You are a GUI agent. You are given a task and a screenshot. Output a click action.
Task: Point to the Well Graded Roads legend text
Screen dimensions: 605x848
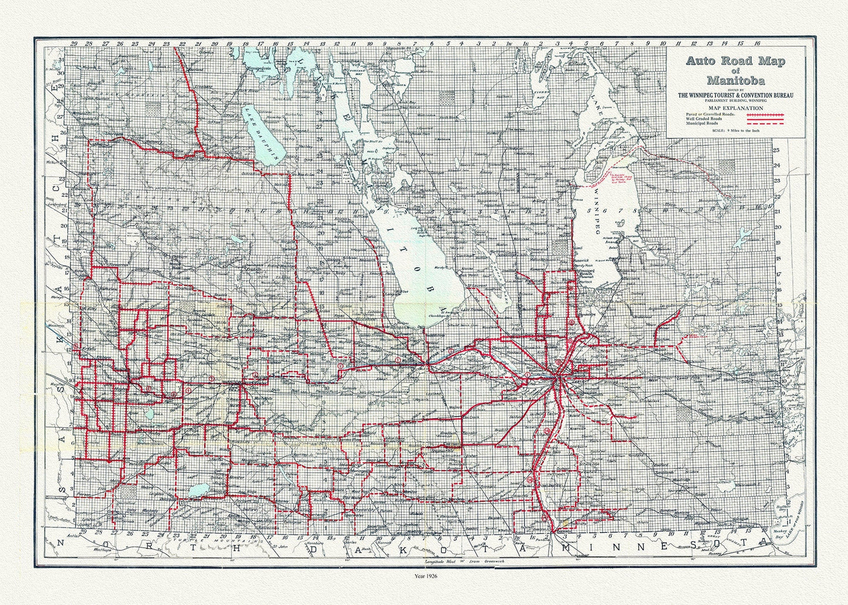coord(700,119)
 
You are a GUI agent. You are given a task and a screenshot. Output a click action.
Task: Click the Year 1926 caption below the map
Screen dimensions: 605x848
coord(424,576)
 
